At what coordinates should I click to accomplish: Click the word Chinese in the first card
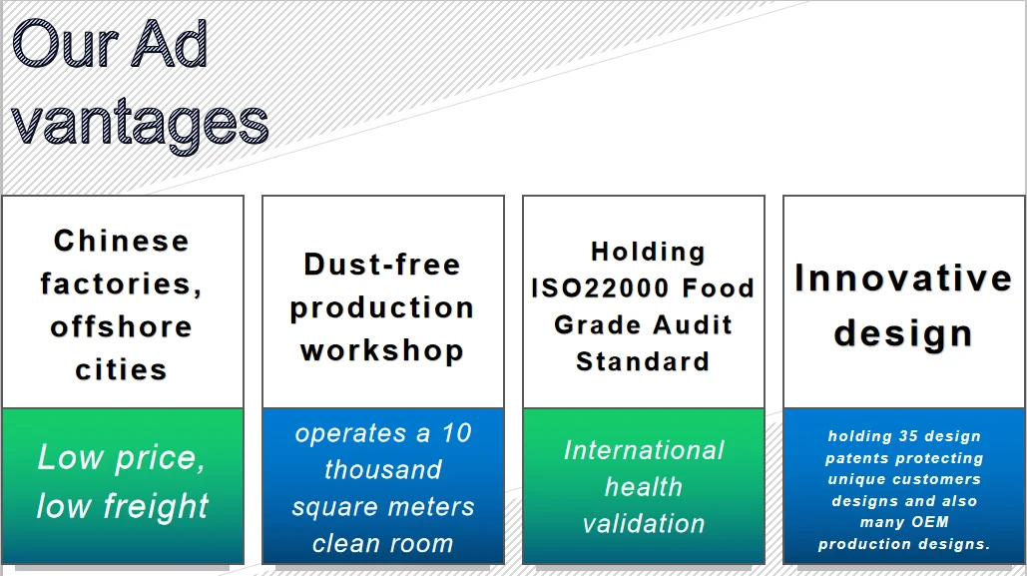121,241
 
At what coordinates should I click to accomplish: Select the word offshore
121,326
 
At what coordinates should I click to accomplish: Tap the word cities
121,369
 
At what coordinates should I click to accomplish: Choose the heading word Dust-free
382,265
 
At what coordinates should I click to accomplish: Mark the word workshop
382,350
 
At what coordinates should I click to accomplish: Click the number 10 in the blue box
456,433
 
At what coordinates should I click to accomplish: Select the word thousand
382,470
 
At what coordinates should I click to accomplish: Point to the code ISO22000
589,288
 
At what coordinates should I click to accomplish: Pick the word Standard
643,360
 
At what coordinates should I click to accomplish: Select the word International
644,450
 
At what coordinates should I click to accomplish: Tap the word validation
644,523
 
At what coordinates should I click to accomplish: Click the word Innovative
903,278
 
